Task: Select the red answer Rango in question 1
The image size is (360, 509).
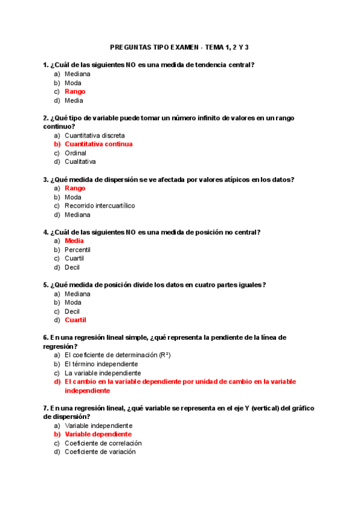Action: click(75, 92)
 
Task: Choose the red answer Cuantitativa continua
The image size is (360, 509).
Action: click(98, 144)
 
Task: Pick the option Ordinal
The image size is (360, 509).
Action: click(76, 153)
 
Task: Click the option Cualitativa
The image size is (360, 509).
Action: click(80, 161)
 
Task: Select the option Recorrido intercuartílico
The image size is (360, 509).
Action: click(100, 206)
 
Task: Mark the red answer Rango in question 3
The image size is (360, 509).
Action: click(75, 188)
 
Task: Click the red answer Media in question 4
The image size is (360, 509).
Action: click(74, 241)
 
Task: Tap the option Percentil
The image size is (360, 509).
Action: click(77, 250)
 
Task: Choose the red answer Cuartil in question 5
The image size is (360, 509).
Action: click(76, 320)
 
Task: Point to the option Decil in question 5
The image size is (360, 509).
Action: click(72, 312)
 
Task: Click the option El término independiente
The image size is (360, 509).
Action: click(101, 364)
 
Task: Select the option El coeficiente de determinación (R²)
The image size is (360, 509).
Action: click(118, 355)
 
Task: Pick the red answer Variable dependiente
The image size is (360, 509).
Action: click(98, 434)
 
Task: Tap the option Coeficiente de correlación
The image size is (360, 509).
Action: click(103, 443)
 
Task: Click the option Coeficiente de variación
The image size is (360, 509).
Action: click(100, 452)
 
